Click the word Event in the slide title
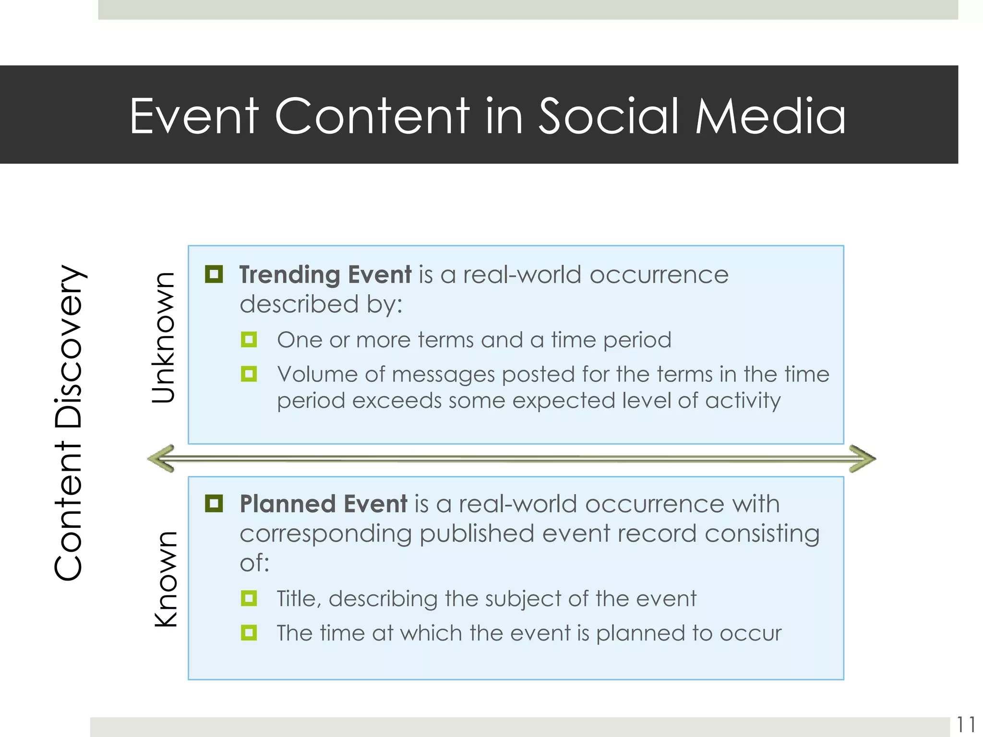(x=194, y=117)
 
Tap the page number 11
(x=966, y=725)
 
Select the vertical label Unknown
(x=163, y=338)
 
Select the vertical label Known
(x=166, y=579)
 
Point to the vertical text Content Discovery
(x=69, y=422)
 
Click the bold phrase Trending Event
(x=325, y=275)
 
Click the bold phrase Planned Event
(x=324, y=504)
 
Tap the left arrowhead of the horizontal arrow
(x=161, y=459)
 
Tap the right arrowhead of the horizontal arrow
(x=863, y=459)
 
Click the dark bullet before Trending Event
(x=214, y=274)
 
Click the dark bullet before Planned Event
(x=214, y=504)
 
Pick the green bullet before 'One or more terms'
(x=249, y=340)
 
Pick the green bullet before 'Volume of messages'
(x=249, y=374)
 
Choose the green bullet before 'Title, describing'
(x=249, y=598)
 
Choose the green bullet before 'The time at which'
(x=249, y=633)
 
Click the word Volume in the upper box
(x=317, y=374)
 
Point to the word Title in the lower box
(x=296, y=599)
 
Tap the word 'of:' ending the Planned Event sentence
(x=254, y=563)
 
